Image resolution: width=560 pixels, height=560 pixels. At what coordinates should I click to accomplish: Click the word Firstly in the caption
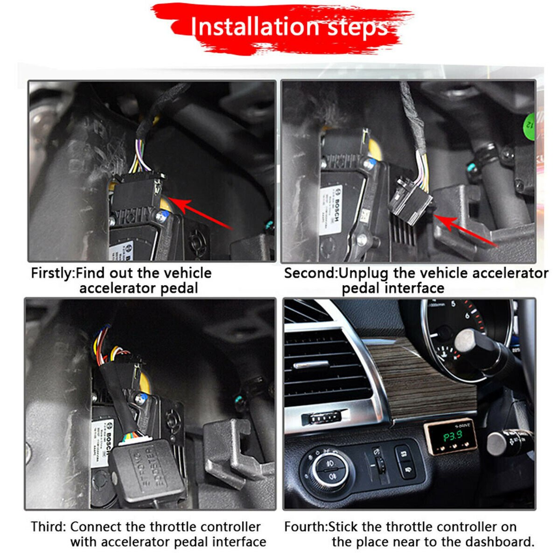[x=52, y=273]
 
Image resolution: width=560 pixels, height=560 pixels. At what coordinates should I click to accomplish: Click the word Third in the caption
[x=48, y=527]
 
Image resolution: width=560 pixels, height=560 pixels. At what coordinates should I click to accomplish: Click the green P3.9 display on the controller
[x=452, y=437]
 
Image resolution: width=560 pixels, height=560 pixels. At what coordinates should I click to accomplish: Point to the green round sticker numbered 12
[x=529, y=123]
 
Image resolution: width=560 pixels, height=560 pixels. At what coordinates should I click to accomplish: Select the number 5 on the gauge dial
[x=453, y=304]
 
